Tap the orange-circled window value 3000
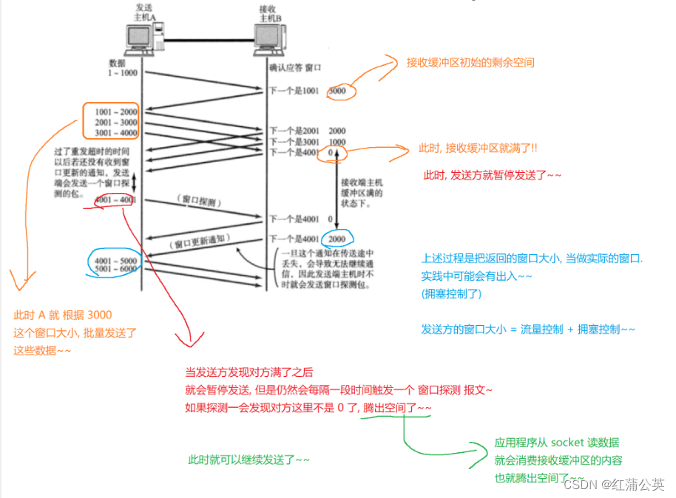tap(337, 91)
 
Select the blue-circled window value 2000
tap(337, 239)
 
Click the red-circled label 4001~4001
tap(115, 200)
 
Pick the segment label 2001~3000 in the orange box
tap(116, 122)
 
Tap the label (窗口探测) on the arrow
tap(198, 200)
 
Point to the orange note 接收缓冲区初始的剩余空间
tap(470, 63)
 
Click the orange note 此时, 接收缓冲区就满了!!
tap(478, 149)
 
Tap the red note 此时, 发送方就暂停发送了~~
tap(493, 175)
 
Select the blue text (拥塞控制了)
tap(451, 293)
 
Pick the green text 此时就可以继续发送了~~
tap(249, 460)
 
